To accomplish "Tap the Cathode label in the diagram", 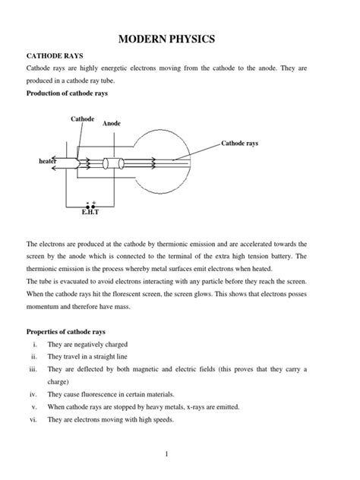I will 82,119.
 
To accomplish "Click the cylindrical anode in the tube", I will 115,162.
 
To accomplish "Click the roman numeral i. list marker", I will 34,345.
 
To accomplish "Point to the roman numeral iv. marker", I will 33,394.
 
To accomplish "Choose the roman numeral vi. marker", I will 33,419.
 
